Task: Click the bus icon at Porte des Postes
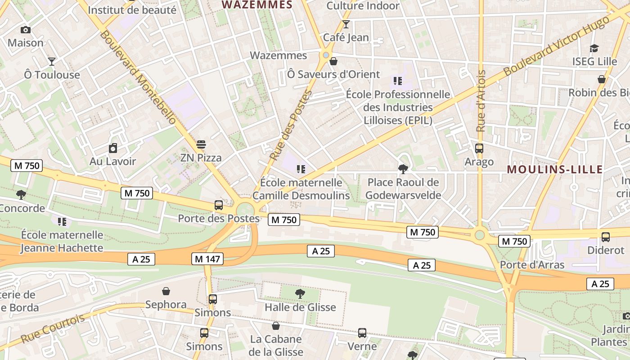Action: point(219,205)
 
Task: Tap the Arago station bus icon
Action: point(479,148)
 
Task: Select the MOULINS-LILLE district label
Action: point(554,170)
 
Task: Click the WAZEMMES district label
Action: point(257,5)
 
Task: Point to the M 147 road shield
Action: point(207,259)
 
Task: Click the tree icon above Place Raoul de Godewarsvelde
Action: point(403,169)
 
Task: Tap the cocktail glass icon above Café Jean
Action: point(346,24)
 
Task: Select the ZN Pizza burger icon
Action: point(201,145)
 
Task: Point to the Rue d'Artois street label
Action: point(481,101)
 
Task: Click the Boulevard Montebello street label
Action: point(139,77)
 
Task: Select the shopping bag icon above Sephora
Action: point(166,291)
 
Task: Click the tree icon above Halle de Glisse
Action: point(300,294)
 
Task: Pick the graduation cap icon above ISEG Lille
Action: point(594,48)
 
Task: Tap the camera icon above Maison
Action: point(26,30)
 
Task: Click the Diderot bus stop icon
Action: point(606,237)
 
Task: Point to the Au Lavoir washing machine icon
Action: point(113,148)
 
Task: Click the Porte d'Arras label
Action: point(532,265)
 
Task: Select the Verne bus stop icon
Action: point(362,333)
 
